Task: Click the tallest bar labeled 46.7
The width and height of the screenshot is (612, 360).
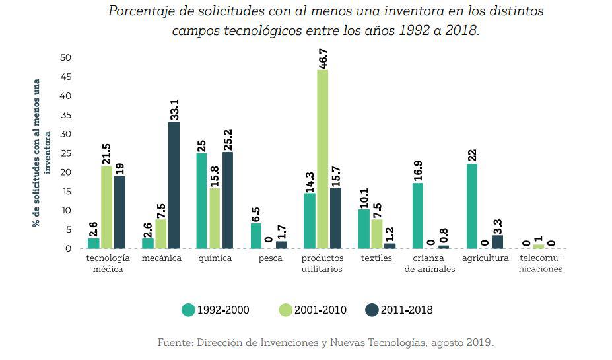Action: (x=322, y=159)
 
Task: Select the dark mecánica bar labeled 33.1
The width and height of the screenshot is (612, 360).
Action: (x=174, y=185)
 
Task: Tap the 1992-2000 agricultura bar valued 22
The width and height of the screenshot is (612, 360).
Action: (x=472, y=206)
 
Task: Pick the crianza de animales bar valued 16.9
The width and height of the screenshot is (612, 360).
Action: (x=418, y=215)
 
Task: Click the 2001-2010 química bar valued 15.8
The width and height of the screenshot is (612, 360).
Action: (x=215, y=218)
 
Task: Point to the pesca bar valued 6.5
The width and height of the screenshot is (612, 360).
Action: (x=256, y=235)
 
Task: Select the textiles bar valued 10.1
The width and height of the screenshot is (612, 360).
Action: (x=364, y=229)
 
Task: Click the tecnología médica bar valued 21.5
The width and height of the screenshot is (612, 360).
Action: (x=106, y=207)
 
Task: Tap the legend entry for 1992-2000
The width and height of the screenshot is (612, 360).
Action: (x=216, y=310)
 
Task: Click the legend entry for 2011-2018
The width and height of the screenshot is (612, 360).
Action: (x=399, y=310)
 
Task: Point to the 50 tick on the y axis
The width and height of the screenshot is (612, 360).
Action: (x=65, y=57)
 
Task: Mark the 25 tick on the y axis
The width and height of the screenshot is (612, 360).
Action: (x=65, y=153)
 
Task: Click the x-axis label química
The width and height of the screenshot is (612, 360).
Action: (x=215, y=258)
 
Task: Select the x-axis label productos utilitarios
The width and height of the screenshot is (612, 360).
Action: (x=322, y=264)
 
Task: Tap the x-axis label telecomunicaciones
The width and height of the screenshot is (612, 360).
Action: (x=540, y=264)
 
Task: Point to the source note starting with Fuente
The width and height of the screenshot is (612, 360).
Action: (x=325, y=342)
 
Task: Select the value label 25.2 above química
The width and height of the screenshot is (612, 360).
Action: (x=228, y=139)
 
